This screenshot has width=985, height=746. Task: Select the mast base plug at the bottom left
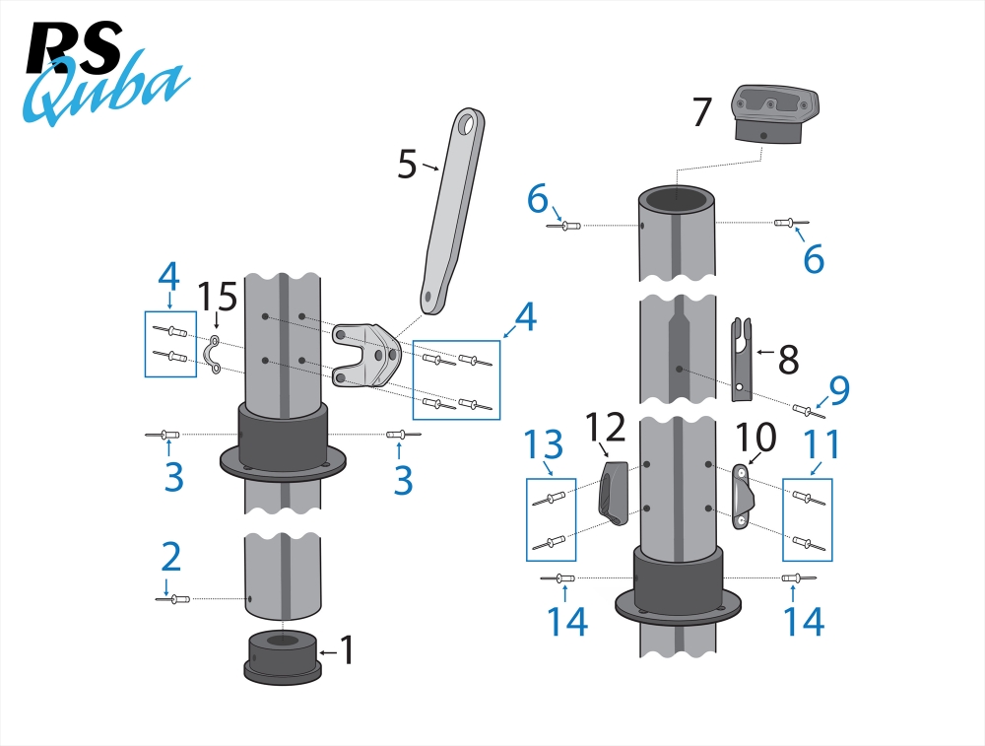click(284, 656)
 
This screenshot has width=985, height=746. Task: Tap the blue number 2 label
click(170, 557)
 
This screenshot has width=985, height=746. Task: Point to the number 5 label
click(407, 164)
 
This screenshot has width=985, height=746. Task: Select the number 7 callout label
click(701, 112)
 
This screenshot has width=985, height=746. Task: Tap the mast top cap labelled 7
click(775, 114)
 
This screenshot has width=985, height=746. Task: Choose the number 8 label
click(788, 360)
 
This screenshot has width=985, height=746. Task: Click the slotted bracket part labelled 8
click(739, 360)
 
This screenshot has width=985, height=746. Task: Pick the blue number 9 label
click(838, 391)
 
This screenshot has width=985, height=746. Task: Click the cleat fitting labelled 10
click(741, 499)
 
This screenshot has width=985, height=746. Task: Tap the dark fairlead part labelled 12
click(612, 492)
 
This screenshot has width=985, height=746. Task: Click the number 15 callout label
click(218, 297)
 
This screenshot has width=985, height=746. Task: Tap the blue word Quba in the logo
click(103, 92)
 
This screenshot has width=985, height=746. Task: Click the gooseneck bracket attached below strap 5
click(364, 353)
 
